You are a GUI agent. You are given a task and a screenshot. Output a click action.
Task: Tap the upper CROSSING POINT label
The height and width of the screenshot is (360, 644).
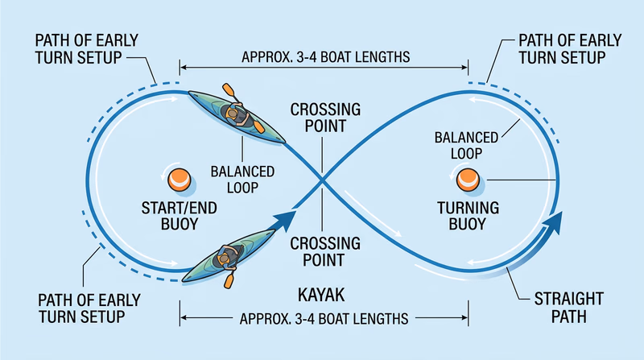pyautogui.click(x=320, y=118)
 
